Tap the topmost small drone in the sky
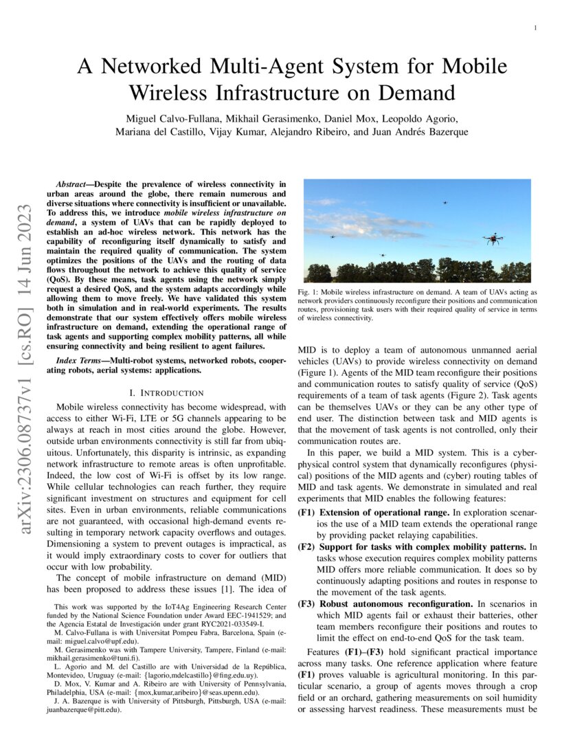point(444,202)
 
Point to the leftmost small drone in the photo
point(333,236)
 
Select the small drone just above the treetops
point(382,256)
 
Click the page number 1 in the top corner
point(535,28)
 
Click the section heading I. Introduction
point(166,392)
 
